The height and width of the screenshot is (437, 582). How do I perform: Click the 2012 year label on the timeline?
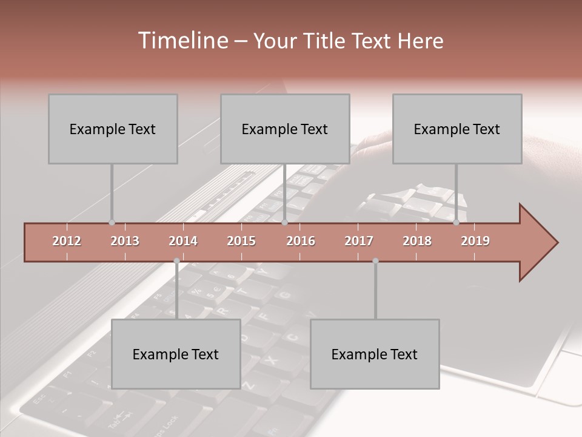pyautogui.click(x=67, y=241)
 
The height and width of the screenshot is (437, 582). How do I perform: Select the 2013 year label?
pyautogui.click(x=125, y=241)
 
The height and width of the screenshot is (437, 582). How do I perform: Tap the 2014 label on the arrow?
pyautogui.click(x=183, y=241)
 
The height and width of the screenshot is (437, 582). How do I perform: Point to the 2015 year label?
pyautogui.click(x=241, y=241)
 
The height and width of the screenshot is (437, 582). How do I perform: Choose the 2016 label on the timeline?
pyautogui.click(x=301, y=241)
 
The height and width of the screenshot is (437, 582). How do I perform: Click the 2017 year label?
pyautogui.click(x=359, y=241)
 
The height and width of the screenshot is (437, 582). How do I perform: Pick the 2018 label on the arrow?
pyautogui.click(x=417, y=241)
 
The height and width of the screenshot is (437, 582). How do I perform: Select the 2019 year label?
pyautogui.click(x=475, y=241)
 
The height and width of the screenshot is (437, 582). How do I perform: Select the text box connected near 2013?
pyautogui.click(x=113, y=129)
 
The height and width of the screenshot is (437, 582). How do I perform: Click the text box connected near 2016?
pyautogui.click(x=285, y=129)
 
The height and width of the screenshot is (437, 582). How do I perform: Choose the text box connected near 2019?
pyautogui.click(x=457, y=129)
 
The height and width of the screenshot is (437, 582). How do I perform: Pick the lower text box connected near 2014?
pyautogui.click(x=176, y=354)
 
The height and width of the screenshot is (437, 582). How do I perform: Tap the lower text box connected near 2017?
pyautogui.click(x=375, y=354)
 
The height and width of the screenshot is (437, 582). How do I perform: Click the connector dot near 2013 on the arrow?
pyautogui.click(x=112, y=223)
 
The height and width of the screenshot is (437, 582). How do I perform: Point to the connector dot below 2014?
pyautogui.click(x=176, y=261)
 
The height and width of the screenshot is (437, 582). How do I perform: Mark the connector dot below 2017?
pyautogui.click(x=375, y=261)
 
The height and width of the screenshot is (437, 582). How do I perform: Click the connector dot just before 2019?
pyautogui.click(x=457, y=223)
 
